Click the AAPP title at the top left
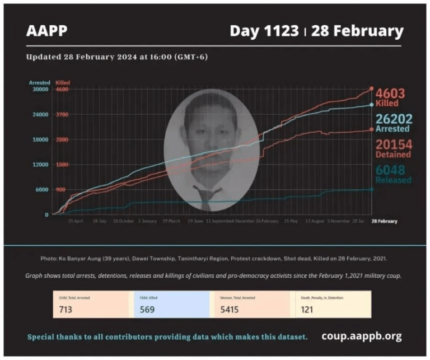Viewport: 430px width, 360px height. tap(46, 31)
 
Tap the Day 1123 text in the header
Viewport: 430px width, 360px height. tap(264, 31)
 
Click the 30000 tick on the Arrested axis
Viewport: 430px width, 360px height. tap(40, 89)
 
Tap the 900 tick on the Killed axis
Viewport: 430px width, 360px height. tap(62, 189)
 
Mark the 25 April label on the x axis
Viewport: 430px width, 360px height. tap(76, 221)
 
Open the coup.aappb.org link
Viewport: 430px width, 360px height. tap(361, 336)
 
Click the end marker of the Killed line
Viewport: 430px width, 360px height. tap(371, 88)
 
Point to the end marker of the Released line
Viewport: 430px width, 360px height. tap(371, 190)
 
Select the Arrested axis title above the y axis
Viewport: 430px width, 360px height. tap(40, 82)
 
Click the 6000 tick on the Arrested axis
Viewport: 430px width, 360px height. tap(41, 189)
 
